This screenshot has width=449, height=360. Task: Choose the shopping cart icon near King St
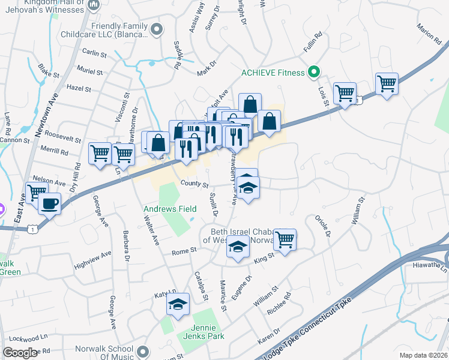pos(285,239)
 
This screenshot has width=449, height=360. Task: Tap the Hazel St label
pos(79,89)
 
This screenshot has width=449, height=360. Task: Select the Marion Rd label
pos(429,33)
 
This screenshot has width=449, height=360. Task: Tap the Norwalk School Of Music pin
pos(142,351)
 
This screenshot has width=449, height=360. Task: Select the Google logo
pos(20,353)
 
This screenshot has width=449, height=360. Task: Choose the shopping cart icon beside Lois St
pos(345,94)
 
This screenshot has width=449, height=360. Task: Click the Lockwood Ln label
pos(29,338)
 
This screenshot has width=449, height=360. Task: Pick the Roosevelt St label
pos(63,137)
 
